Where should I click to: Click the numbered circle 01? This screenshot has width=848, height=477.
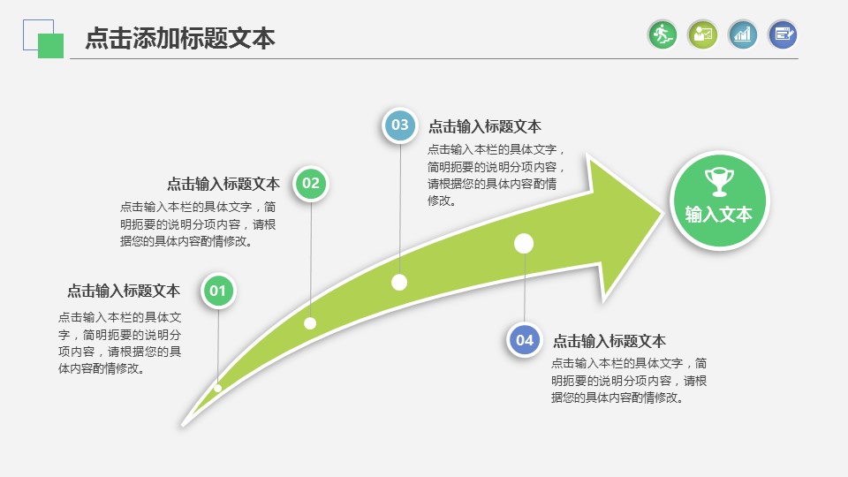click(x=218, y=291)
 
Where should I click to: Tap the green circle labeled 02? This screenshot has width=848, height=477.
click(x=310, y=184)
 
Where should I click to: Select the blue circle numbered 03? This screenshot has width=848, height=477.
click(x=400, y=125)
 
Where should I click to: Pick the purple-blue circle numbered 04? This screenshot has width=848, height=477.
click(x=525, y=340)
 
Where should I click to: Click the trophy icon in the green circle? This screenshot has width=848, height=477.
click(x=719, y=182)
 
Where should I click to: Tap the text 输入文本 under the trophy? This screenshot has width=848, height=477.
click(x=719, y=215)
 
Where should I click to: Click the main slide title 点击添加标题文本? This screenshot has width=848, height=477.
click(x=180, y=39)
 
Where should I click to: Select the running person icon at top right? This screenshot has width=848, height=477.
click(x=662, y=34)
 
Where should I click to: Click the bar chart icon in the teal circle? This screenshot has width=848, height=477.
click(x=743, y=34)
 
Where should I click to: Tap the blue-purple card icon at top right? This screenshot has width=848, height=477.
click(x=783, y=34)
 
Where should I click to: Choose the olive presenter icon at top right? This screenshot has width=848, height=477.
click(x=702, y=34)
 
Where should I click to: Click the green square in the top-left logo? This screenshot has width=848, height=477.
click(x=51, y=46)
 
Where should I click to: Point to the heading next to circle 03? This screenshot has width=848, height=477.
click(x=485, y=126)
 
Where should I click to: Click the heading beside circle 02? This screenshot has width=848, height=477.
click(x=223, y=184)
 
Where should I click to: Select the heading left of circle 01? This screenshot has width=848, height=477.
click(x=124, y=291)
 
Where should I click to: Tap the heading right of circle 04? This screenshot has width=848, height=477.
click(x=609, y=341)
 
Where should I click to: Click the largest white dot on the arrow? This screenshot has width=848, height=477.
click(x=524, y=242)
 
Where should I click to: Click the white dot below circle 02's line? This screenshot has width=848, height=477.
click(x=310, y=323)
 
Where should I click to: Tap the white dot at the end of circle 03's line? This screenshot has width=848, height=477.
click(x=399, y=283)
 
